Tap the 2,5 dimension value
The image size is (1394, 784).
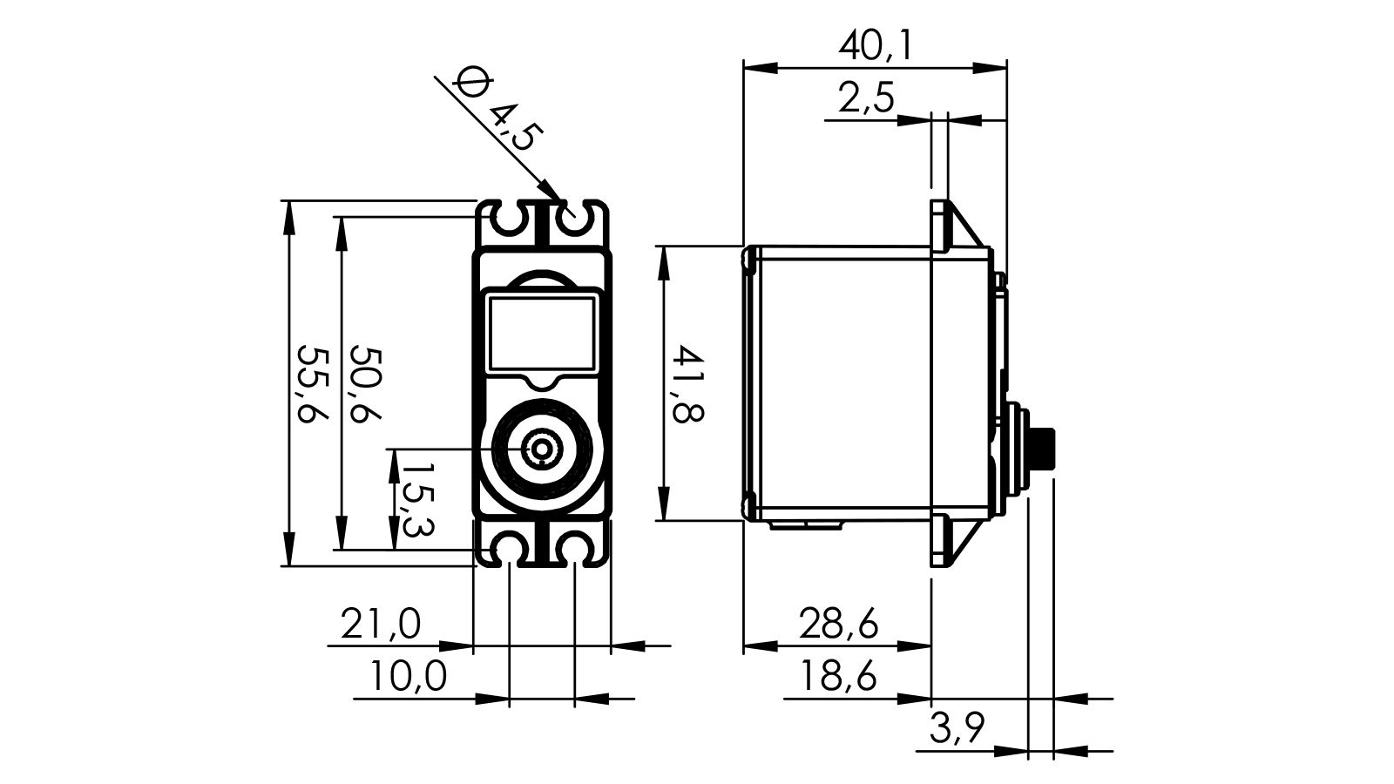point(866,98)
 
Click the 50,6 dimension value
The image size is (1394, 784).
point(366,384)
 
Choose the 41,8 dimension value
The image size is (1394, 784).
point(687,384)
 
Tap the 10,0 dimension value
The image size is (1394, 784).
point(408,676)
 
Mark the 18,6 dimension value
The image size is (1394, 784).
point(838,676)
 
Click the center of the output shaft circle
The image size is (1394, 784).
point(542,449)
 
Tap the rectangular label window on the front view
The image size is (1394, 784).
point(542,334)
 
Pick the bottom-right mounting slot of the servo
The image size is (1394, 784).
point(575,548)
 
